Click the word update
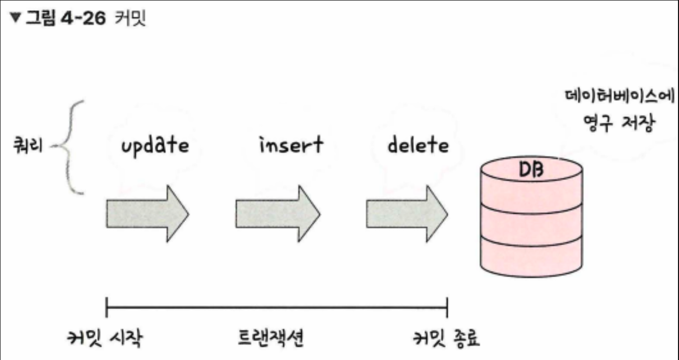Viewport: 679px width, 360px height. [154, 145]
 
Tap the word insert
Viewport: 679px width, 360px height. [290, 145]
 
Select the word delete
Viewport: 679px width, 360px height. [418, 145]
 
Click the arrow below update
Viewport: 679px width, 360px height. [147, 214]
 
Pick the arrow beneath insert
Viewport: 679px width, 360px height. [278, 214]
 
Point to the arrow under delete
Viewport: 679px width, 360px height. [407, 214]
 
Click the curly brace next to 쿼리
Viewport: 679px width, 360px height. [72, 147]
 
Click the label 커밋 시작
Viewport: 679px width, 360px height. [106, 339]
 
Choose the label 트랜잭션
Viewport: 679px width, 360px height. [271, 339]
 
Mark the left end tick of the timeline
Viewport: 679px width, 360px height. [106, 308]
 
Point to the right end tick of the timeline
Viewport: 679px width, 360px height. [447, 308]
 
